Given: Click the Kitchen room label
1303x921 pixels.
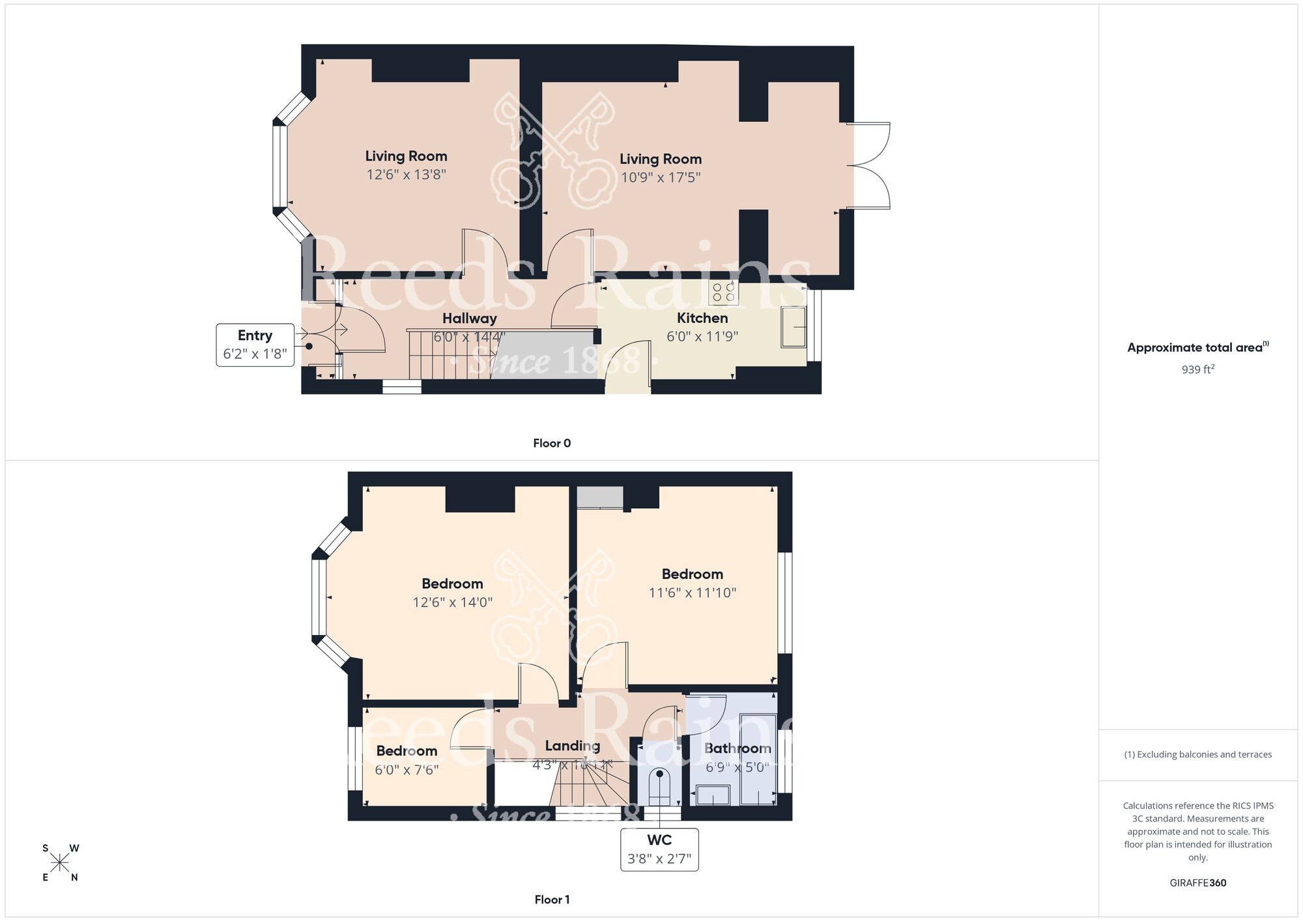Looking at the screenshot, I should [702, 318].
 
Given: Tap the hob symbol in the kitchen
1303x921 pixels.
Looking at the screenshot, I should [723, 293].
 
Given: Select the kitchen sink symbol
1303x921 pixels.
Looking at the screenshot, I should [794, 326].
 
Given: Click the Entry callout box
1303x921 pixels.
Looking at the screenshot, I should [255, 345].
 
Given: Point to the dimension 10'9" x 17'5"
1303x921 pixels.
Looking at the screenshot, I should [660, 177].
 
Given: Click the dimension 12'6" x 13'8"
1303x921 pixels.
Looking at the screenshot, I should [406, 175].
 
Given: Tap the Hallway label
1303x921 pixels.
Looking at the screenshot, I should [469, 319].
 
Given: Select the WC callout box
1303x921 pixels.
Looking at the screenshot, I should [659, 849].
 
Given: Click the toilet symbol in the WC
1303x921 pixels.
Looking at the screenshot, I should [659, 785].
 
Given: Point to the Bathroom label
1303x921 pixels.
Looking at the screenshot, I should [737, 748].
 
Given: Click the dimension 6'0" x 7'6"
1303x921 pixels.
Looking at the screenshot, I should [407, 769].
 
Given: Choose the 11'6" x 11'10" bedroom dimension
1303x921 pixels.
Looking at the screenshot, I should [692, 593].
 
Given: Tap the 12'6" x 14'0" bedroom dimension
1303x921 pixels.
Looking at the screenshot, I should [452, 602].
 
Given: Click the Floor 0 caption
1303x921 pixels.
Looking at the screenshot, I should [552, 444].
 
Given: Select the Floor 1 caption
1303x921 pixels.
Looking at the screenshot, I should [552, 900].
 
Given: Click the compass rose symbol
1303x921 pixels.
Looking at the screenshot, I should [60, 863].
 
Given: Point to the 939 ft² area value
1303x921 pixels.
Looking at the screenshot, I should [1197, 369].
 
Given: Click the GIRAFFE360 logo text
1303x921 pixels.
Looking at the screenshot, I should [1197, 883].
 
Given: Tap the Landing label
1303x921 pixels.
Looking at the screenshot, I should [572, 746].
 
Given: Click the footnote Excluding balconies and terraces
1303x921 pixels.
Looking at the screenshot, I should [1197, 754].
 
